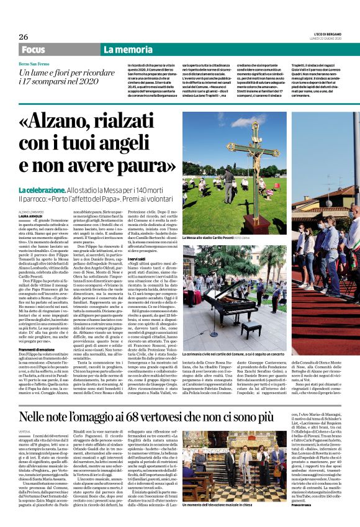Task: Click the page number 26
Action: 23,37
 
